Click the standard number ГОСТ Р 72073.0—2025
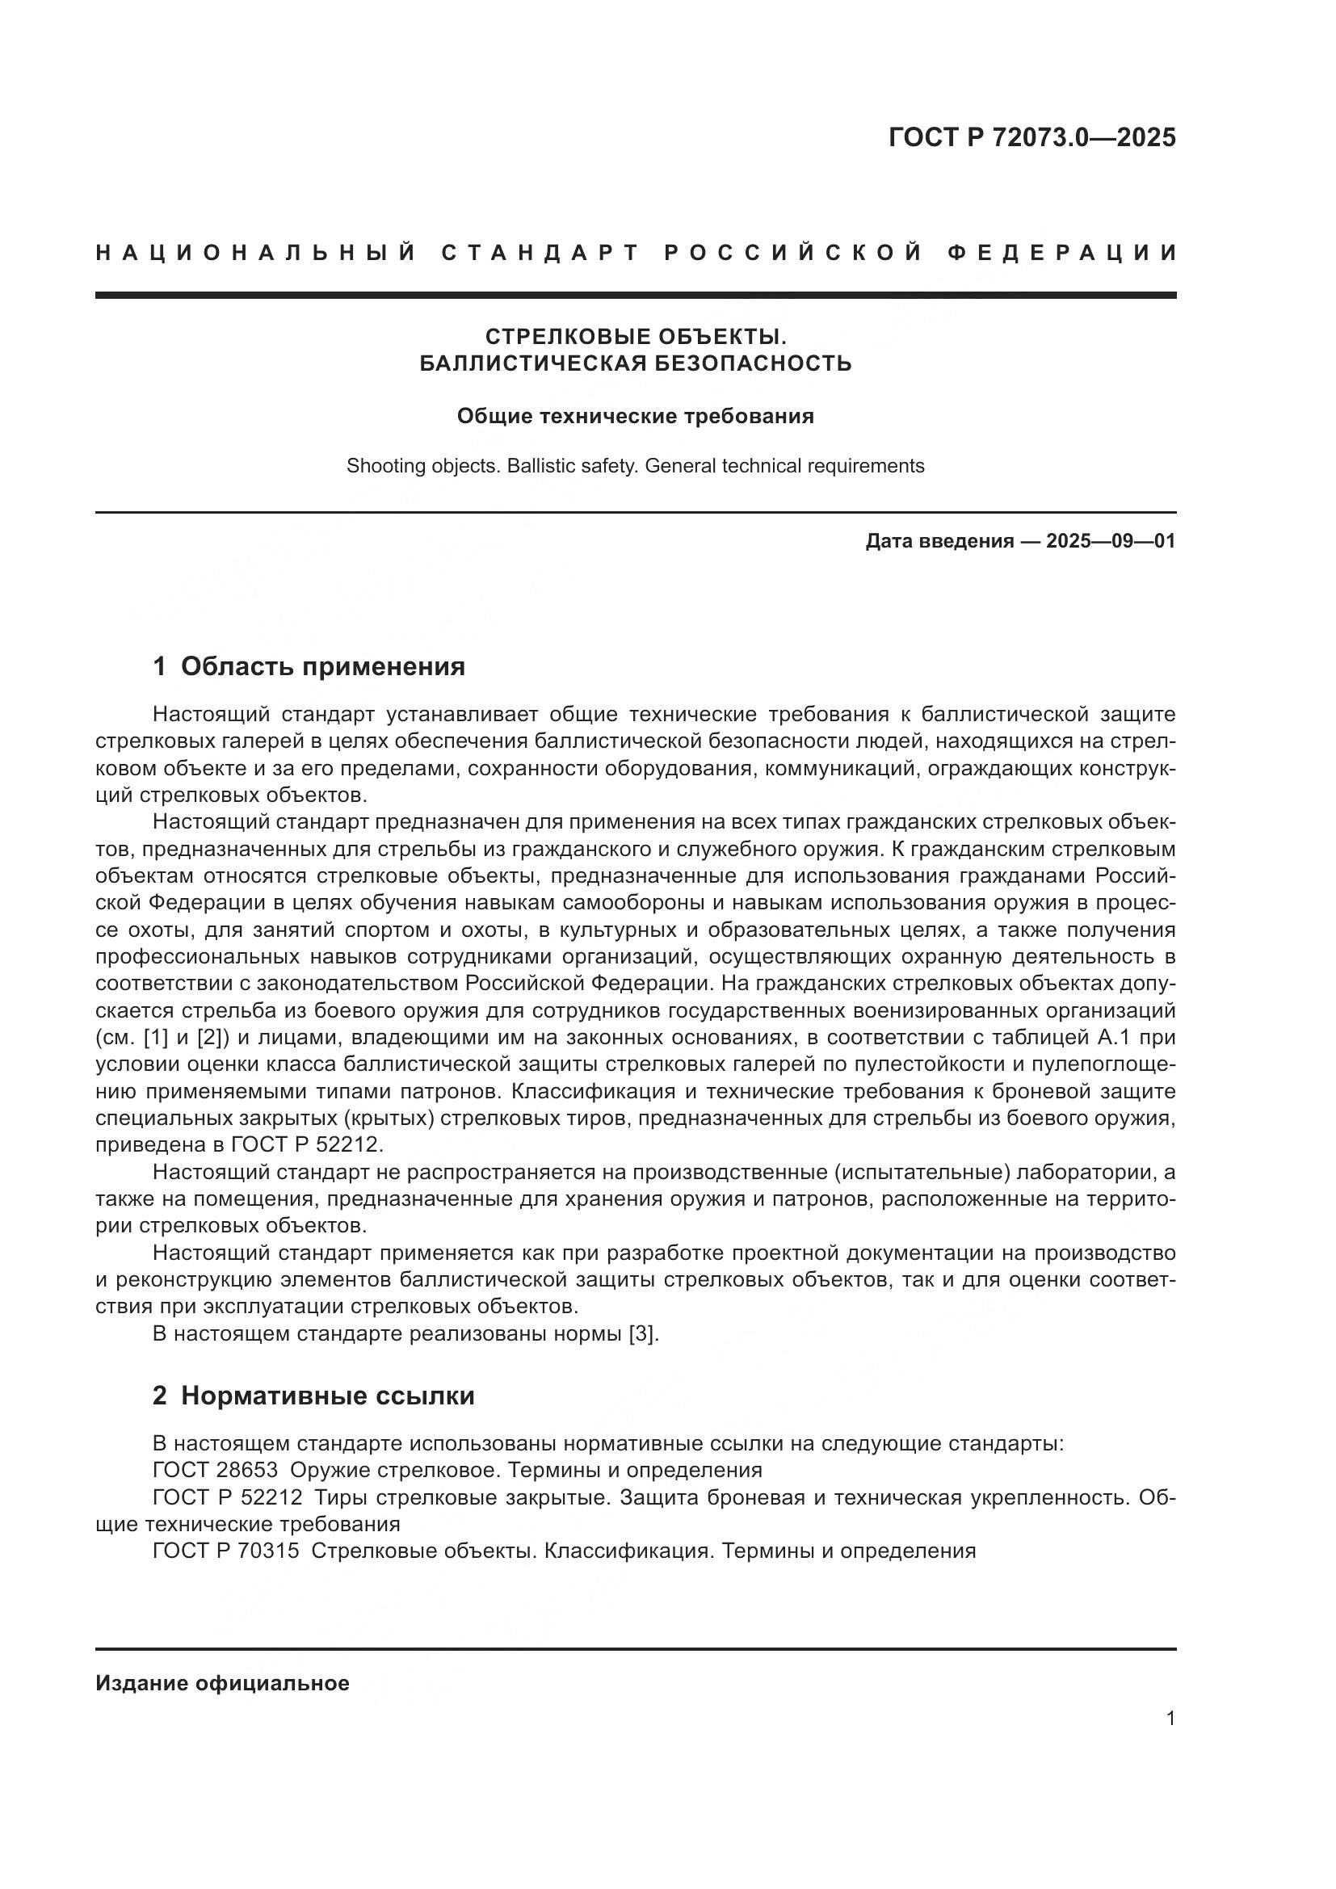click(x=1031, y=137)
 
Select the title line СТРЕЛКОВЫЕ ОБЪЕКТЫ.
click(x=636, y=337)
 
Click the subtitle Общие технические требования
click(x=635, y=416)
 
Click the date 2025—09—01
click(x=1111, y=541)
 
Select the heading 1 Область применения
click(x=309, y=666)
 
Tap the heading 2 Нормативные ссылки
click(x=313, y=1396)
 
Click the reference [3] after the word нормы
click(x=643, y=1333)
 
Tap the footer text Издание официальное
click(x=222, y=1684)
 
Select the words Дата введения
click(x=939, y=541)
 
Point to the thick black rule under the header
click(x=635, y=295)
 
